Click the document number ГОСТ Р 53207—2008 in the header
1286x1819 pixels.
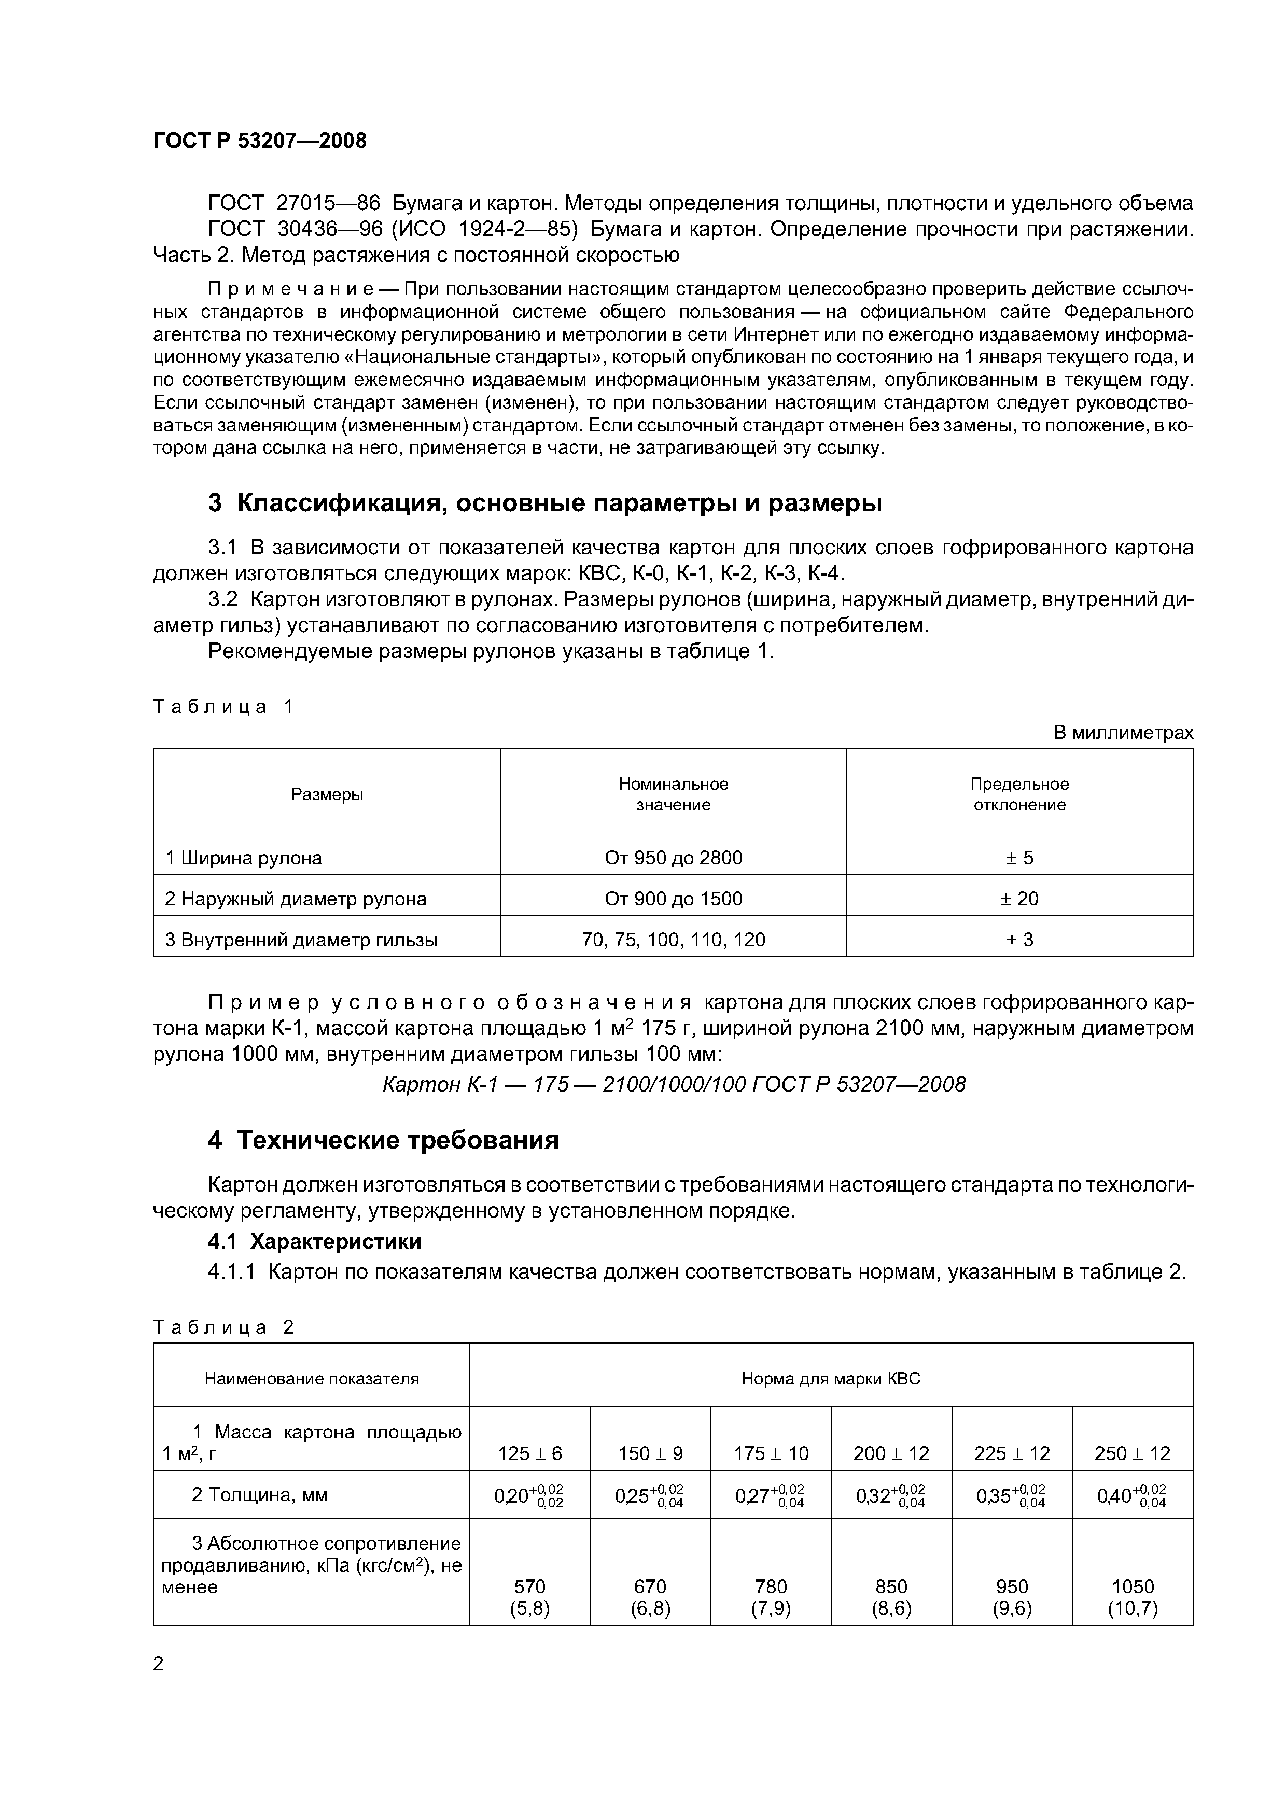260,141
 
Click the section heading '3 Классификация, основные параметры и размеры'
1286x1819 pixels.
545,503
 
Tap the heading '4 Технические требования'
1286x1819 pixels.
384,1140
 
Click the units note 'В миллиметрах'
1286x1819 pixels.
1123,733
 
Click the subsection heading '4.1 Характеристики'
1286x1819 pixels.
315,1241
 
